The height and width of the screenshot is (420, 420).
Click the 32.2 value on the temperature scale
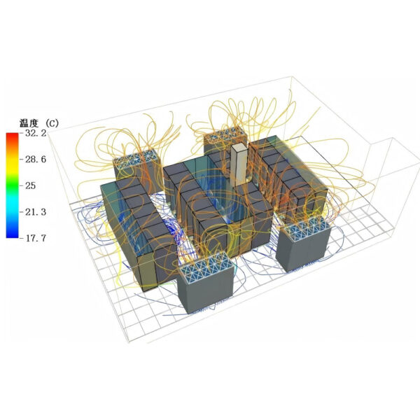[x=36, y=133]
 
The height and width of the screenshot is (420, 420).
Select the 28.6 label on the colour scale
[x=36, y=160]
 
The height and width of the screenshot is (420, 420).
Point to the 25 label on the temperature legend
[x=31, y=185]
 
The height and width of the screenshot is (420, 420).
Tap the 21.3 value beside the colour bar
[x=36, y=212]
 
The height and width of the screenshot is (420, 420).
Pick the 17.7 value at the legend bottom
[x=36, y=238]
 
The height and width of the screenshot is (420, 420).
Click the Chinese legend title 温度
[x=29, y=123]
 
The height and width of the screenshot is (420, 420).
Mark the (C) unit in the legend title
[x=52, y=123]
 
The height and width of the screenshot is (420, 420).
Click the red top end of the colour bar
[x=13, y=134]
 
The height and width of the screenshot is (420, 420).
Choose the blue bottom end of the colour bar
[x=13, y=235]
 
